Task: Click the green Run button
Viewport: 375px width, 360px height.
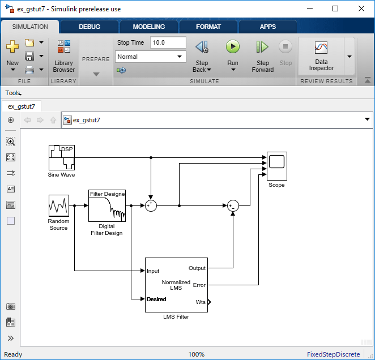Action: (232, 46)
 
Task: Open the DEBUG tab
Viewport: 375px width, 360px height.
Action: (90, 27)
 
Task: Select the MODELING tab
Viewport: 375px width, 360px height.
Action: (149, 27)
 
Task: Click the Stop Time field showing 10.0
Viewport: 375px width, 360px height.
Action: (168, 42)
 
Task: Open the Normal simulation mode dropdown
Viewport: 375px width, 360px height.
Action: (151, 57)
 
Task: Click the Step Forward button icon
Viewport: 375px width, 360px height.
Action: (262, 46)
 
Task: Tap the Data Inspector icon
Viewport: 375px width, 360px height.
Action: (321, 48)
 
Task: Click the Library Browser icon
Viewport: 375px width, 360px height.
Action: (64, 46)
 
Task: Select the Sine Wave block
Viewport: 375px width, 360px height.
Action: (62, 157)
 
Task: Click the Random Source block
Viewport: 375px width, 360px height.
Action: (59, 205)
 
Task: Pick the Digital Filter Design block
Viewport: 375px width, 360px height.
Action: (107, 206)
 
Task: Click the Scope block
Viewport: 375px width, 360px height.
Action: (277, 166)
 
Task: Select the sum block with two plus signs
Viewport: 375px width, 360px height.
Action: (151, 205)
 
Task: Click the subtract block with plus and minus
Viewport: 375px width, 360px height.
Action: (233, 205)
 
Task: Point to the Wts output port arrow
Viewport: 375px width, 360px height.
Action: (209, 302)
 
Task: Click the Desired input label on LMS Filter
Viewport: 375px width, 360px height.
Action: (156, 299)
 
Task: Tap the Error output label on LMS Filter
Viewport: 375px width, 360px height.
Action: (199, 285)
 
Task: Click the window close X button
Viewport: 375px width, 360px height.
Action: (361, 8)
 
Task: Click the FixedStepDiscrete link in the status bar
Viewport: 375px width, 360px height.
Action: (334, 354)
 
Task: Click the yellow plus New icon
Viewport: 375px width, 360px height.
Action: (12, 46)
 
